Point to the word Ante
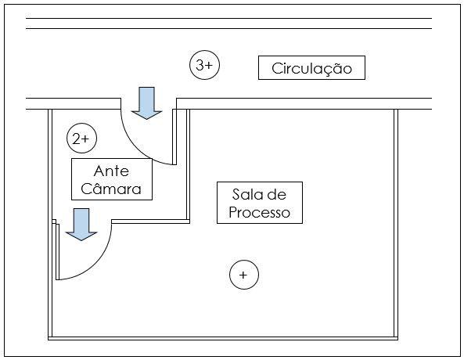click(111, 171)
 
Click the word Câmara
click(111, 189)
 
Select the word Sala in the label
click(244, 195)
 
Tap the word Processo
click(259, 213)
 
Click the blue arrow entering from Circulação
click(147, 103)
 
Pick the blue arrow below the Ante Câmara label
click(81, 225)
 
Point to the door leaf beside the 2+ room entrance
click(174, 137)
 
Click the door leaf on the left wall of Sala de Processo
click(57, 252)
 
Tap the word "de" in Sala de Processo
click(276, 195)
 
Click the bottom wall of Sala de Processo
click(223, 338)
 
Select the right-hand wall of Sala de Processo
click(396, 223)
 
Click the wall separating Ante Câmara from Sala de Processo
click(188, 164)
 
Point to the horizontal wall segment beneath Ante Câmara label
click(150, 221)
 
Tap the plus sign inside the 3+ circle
click(209, 65)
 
